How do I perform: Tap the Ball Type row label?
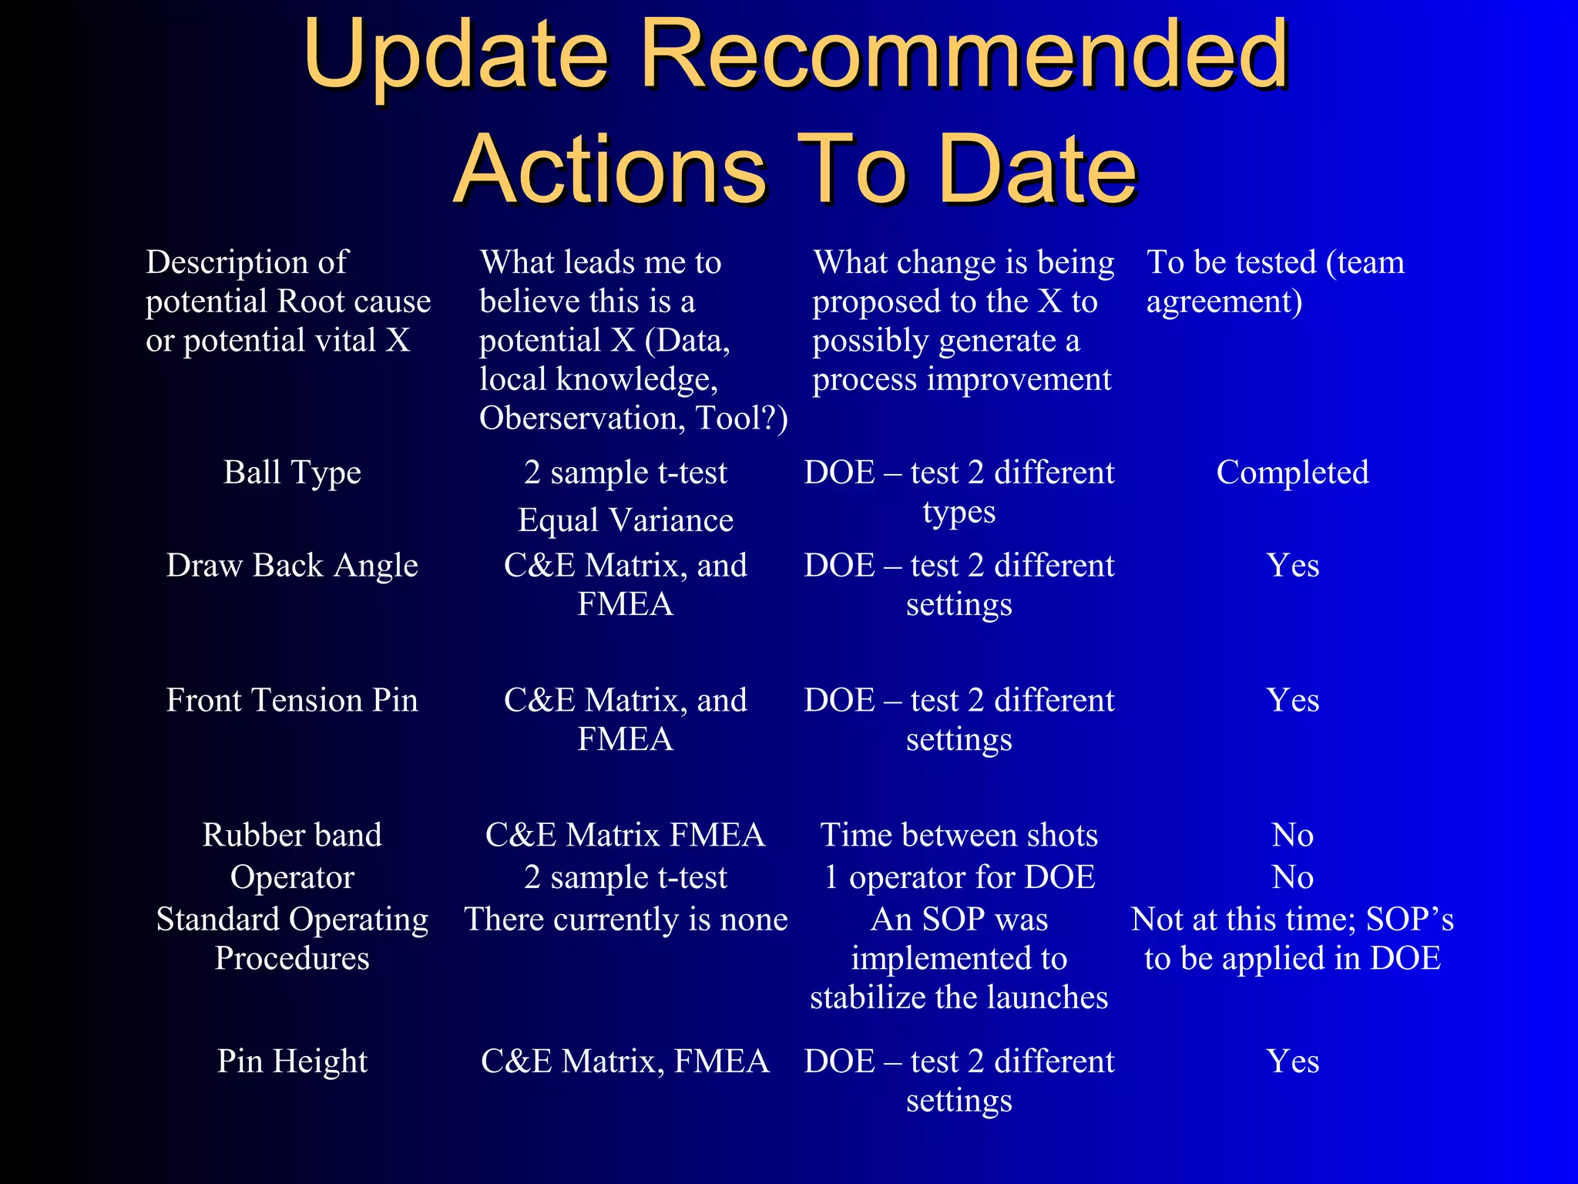[x=292, y=473]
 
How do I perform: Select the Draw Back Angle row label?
[x=292, y=566]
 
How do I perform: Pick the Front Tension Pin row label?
[x=292, y=701]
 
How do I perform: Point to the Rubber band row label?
[x=292, y=836]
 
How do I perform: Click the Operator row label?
[x=292, y=878]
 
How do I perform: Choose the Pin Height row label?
[x=292, y=1061]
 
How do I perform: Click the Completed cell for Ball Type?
[x=1292, y=473]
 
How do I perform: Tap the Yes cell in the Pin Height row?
[x=1292, y=1061]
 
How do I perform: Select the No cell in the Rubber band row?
[x=1292, y=836]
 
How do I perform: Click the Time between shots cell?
[x=959, y=836]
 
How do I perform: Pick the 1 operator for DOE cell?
[x=959, y=878]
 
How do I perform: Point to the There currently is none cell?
[x=626, y=920]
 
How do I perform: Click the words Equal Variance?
[x=626, y=520]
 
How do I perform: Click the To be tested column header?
[x=1275, y=281]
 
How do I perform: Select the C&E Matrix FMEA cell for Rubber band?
[x=626, y=836]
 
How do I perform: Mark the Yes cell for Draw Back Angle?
[x=1292, y=566]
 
